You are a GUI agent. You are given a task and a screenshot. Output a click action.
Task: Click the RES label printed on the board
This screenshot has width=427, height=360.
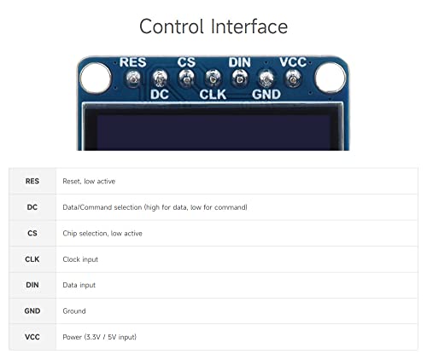click(132, 62)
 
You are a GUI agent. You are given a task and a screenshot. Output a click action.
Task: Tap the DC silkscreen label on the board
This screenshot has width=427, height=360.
click(160, 95)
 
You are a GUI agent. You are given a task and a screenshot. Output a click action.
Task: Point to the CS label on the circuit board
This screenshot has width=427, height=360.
click(186, 62)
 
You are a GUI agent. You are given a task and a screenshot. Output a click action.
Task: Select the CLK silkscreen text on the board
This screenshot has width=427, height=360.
click(213, 95)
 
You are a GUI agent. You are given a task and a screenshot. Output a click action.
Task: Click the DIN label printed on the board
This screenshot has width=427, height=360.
click(239, 62)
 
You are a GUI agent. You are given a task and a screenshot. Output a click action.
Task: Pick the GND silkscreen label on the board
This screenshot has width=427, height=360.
click(266, 95)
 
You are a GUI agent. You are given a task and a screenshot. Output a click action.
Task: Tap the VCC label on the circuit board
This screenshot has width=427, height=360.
click(293, 62)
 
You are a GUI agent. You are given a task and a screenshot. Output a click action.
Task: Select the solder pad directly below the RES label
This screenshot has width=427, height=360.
click(133, 78)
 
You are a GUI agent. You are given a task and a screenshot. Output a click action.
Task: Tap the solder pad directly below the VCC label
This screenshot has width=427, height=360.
click(293, 78)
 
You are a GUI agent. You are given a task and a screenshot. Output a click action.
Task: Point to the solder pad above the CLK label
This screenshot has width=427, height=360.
click(213, 78)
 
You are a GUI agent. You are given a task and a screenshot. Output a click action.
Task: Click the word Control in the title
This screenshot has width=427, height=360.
click(172, 26)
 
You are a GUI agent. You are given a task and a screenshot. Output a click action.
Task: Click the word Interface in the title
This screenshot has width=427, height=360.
click(249, 26)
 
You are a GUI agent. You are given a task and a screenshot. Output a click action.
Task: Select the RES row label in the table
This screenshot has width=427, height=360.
click(32, 181)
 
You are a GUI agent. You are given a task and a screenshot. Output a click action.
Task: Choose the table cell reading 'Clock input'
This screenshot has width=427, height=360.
click(80, 259)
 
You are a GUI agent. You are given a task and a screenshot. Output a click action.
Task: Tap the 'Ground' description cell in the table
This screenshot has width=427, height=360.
click(74, 311)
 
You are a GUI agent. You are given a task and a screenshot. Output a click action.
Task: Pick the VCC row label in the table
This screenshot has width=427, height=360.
click(32, 337)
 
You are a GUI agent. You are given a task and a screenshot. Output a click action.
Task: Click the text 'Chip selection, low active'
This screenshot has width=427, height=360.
click(102, 234)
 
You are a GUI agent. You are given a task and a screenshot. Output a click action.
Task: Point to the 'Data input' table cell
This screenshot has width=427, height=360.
click(79, 285)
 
